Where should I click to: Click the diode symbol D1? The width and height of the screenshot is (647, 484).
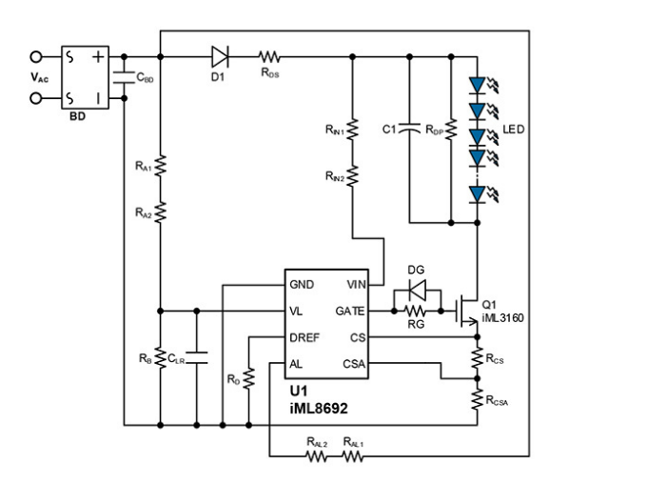(x=220, y=56)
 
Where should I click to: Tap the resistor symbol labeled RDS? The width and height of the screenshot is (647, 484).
(x=269, y=56)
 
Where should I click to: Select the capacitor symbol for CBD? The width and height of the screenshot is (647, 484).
(x=124, y=77)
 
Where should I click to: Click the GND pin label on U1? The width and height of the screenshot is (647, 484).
(x=302, y=285)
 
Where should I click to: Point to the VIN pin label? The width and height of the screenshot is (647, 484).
(x=356, y=285)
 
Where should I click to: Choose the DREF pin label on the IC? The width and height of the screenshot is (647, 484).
(x=304, y=337)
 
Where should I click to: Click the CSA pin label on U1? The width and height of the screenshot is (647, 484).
(x=354, y=364)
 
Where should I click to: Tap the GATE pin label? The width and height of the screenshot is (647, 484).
(x=350, y=312)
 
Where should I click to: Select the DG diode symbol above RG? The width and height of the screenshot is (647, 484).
(x=417, y=291)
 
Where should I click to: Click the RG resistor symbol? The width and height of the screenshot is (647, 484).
(x=415, y=311)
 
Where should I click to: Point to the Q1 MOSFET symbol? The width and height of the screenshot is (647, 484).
(x=467, y=311)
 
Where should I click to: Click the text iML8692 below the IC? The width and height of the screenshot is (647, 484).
(x=319, y=409)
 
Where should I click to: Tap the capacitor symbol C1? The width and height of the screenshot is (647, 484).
(x=409, y=129)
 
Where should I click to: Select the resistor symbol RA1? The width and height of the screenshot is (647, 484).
(x=160, y=166)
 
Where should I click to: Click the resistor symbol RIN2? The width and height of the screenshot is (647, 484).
(x=352, y=176)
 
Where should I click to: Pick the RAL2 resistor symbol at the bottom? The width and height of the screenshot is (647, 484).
(x=317, y=456)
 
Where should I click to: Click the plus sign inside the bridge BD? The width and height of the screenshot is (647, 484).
(x=98, y=56)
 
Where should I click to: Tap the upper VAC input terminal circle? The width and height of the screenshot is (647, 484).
(x=36, y=56)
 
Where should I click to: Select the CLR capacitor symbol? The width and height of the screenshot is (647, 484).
(x=196, y=358)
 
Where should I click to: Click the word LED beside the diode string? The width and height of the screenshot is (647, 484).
(x=513, y=130)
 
